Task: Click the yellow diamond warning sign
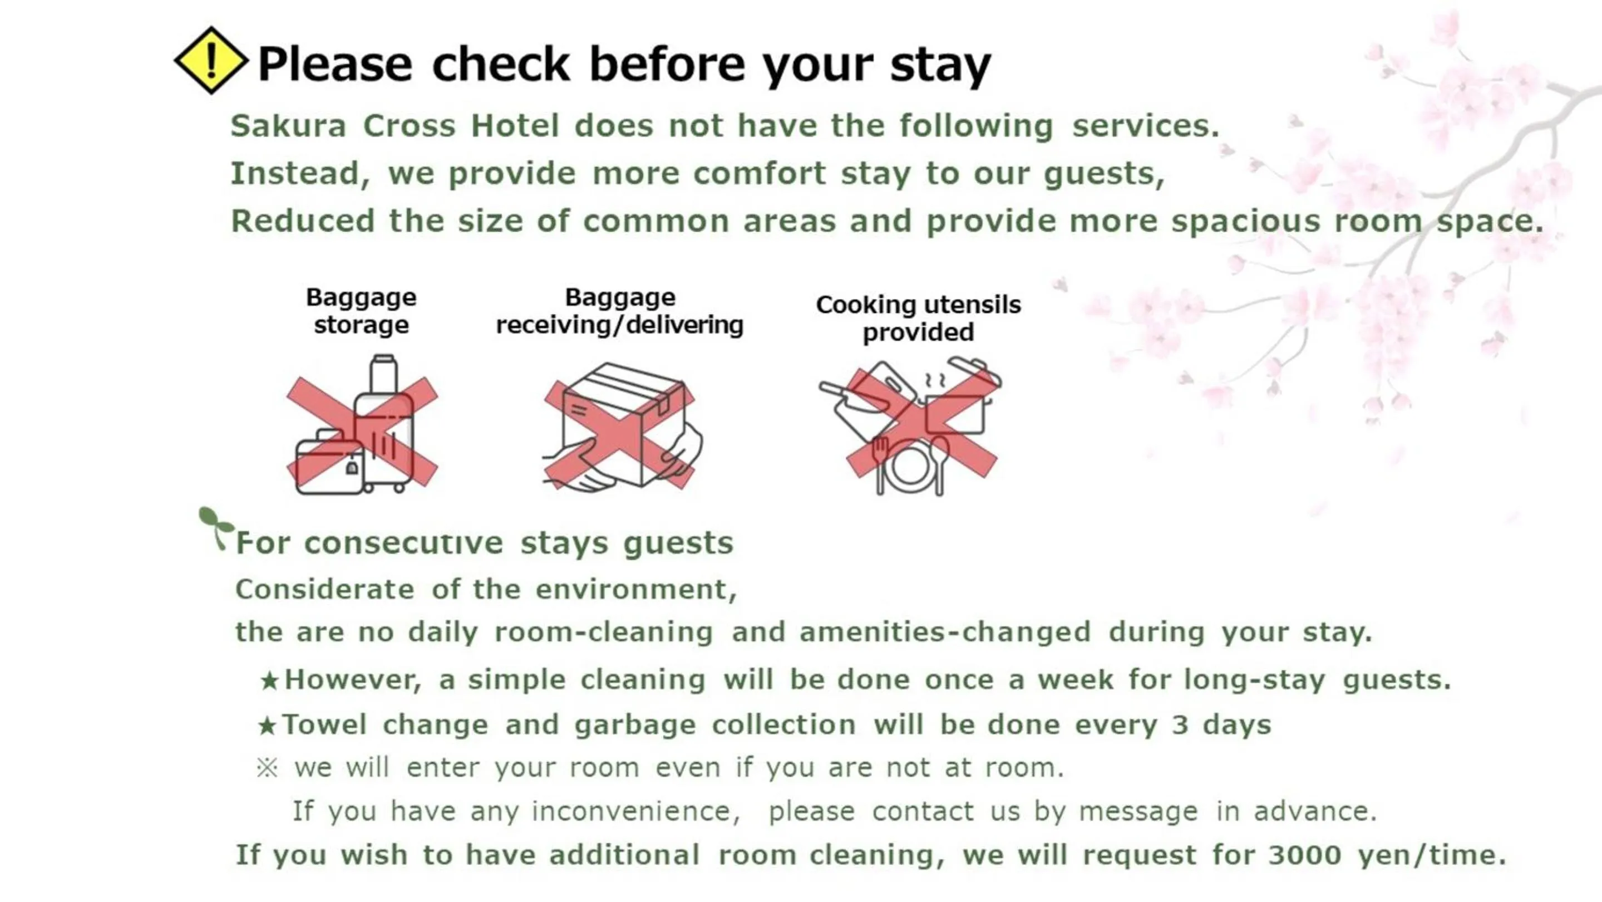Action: pos(211,60)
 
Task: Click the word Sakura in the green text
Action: pos(288,126)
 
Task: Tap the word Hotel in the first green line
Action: pos(515,126)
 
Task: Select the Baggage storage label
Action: pos(361,311)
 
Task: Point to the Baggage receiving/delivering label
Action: pos(619,311)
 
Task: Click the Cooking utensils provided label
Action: pos(918,318)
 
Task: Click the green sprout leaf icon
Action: pos(215,526)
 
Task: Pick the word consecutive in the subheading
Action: pos(403,543)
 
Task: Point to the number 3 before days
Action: pos(1180,725)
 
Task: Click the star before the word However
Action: pos(269,680)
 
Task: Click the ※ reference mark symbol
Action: pos(268,768)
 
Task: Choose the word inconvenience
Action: pos(635,811)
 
